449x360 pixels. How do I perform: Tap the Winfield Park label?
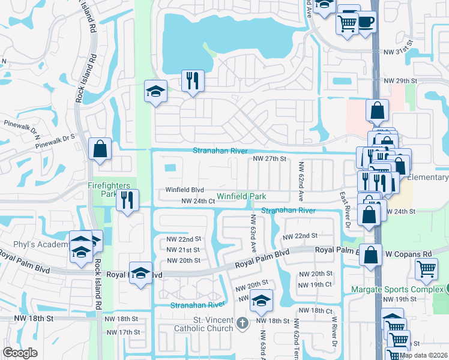(241, 196)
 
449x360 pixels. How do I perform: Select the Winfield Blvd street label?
(185, 190)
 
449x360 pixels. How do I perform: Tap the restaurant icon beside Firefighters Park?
(127, 200)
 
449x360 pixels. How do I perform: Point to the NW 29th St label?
(400, 80)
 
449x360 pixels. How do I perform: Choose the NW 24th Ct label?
(197, 202)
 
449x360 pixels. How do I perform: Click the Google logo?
(20, 353)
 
